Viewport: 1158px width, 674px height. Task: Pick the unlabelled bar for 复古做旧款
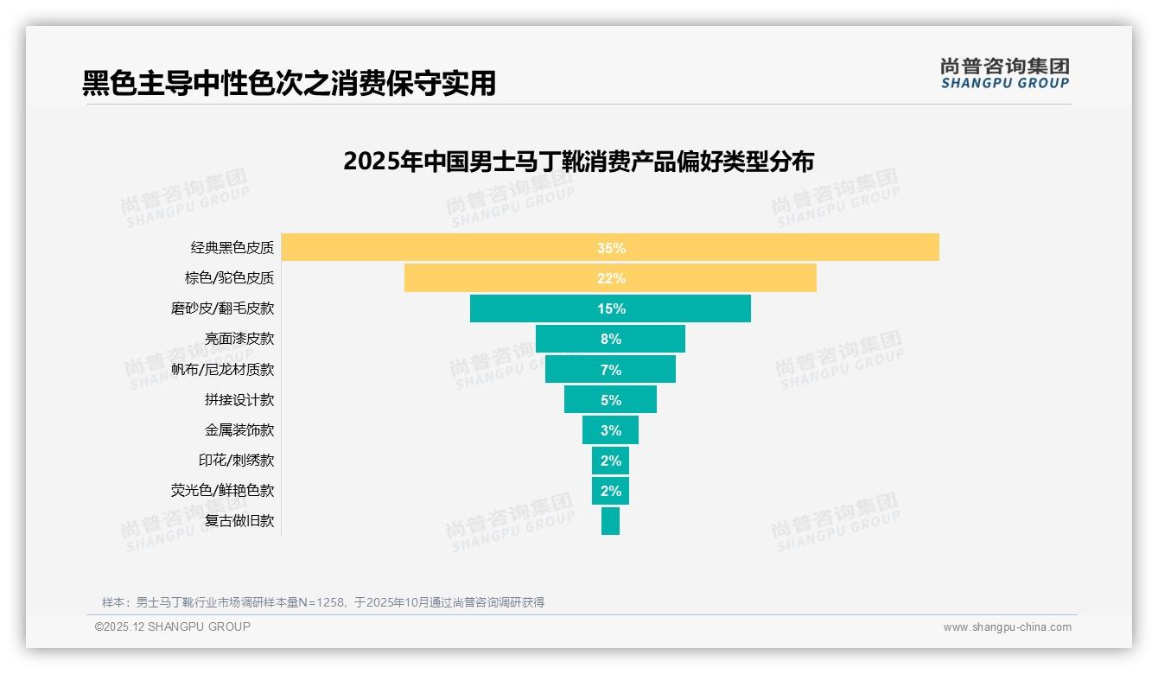(610, 521)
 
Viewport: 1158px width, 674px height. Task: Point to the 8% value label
(611, 340)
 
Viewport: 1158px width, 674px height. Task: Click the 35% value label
(611, 248)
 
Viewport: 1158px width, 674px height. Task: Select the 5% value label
(611, 400)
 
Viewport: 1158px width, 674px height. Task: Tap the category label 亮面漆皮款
(239, 339)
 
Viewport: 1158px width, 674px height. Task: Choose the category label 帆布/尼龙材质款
(222, 369)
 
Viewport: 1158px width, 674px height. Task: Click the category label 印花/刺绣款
(236, 461)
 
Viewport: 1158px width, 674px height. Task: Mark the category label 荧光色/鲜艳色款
(222, 491)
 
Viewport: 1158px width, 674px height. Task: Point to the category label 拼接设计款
(239, 400)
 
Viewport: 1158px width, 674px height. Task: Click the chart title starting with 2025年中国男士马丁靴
(578, 162)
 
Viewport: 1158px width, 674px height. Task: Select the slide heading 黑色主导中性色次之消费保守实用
(289, 83)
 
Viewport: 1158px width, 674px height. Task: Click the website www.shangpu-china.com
(1007, 627)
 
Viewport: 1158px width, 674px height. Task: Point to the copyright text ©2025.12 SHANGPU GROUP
(173, 626)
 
